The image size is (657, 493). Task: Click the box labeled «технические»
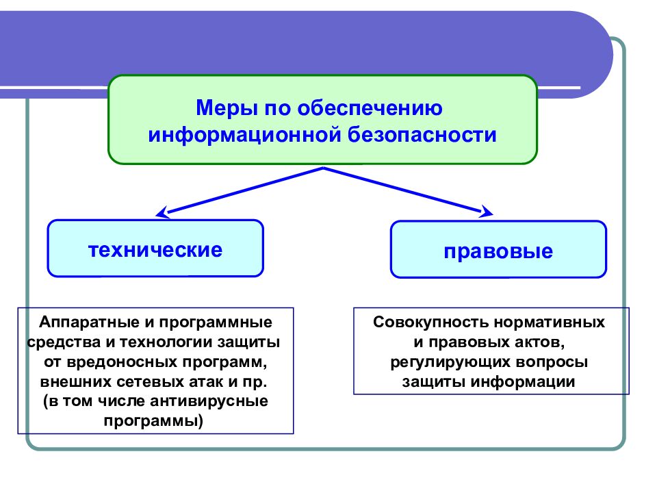coord(155,249)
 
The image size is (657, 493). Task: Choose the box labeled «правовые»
coord(498,251)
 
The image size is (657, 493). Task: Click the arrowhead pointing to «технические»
coord(162,212)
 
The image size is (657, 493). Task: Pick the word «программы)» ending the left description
coord(154,420)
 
